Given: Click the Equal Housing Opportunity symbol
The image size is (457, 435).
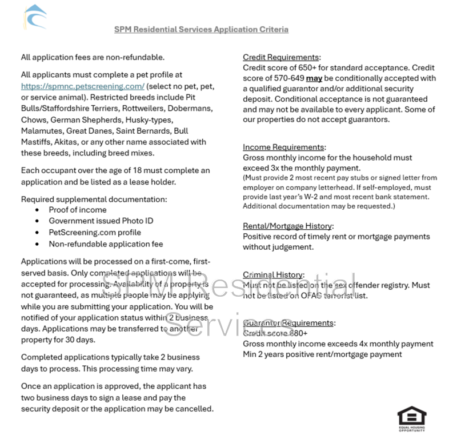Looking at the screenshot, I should pos(411,418).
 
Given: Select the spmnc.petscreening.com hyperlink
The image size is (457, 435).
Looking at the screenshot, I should pos(82,86).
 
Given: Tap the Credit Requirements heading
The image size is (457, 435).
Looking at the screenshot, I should pos(280,57).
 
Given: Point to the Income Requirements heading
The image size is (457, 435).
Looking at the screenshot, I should pos(284,147).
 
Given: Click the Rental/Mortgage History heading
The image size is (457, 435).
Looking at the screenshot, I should pos(288,226).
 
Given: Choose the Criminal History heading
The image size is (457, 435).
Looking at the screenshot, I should pos(274,275).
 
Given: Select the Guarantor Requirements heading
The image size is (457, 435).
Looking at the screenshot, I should pos(288,323).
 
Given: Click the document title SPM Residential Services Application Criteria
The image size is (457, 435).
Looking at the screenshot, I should pos(201,29).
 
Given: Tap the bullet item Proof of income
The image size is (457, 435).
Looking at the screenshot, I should pos(78,210).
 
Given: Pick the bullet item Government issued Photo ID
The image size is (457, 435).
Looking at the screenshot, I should pos(101,221).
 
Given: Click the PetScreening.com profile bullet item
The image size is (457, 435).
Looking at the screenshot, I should pos(95,233).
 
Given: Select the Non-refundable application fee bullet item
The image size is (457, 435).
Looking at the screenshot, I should pos(106,244).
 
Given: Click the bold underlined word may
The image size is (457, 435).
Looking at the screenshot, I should pos(314,78).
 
